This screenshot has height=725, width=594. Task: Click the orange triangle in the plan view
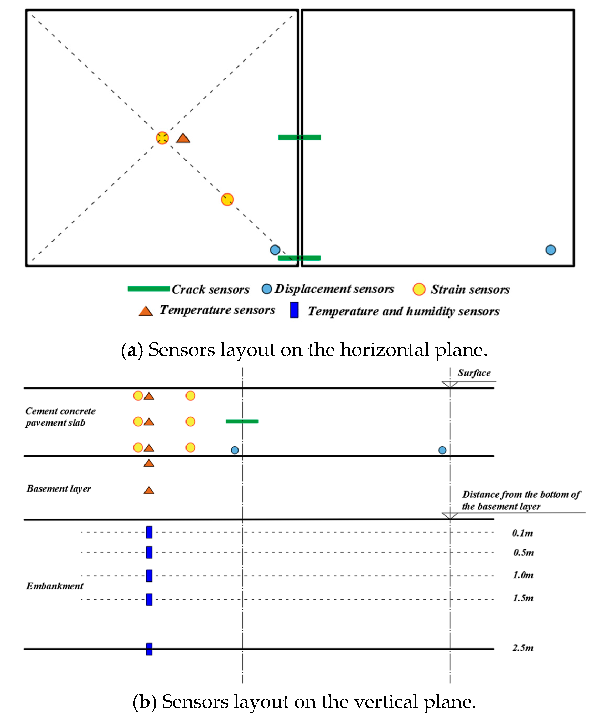pos(183,138)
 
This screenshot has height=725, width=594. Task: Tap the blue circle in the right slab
pos(551,250)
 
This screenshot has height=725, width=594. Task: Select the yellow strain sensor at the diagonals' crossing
pos(162,138)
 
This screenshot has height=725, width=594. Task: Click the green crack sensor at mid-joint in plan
pos(299,137)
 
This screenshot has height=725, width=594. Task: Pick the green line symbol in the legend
pos(148,289)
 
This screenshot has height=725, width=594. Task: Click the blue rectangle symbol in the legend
pos(294,310)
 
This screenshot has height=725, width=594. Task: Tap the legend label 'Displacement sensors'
pos(334,289)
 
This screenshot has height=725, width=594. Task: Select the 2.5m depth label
pos(523,648)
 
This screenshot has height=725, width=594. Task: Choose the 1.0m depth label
pos(523,575)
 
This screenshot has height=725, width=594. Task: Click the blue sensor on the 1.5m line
pos(149,599)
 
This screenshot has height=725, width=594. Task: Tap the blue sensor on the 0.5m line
pos(149,552)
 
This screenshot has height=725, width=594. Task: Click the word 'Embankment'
pos(55,586)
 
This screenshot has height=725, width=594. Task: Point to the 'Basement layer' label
pos(59,488)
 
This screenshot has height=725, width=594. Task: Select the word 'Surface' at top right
pos(474,373)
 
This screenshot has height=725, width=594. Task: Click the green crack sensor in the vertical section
pos(242,421)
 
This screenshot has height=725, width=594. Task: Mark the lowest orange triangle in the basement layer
pos(149,491)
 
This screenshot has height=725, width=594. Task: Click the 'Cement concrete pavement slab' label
pos(60,417)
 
